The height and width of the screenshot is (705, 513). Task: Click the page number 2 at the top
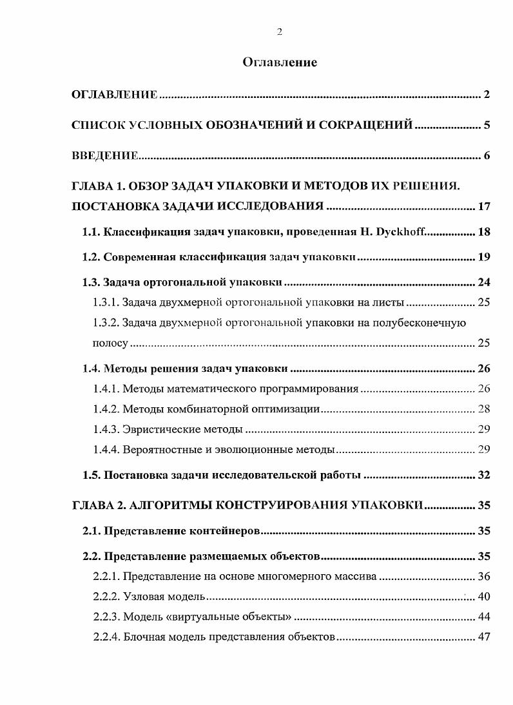(x=279, y=32)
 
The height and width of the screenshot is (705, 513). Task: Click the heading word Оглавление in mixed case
(x=280, y=63)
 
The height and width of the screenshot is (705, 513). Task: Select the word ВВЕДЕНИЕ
(x=104, y=156)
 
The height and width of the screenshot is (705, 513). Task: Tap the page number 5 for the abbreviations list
(x=487, y=125)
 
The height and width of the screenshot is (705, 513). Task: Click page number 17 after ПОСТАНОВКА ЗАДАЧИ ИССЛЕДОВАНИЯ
(x=485, y=207)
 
